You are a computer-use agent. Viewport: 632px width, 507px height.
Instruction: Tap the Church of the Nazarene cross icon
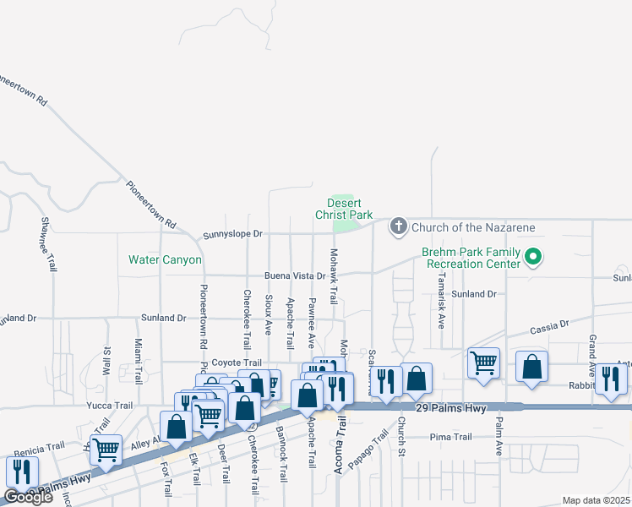pyautogui.click(x=398, y=226)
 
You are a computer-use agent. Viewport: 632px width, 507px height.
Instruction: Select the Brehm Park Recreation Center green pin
pyautogui.click(x=533, y=256)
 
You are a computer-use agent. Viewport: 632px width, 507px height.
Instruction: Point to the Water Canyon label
pyautogui.click(x=165, y=259)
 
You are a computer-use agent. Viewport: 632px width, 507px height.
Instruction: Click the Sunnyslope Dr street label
pyautogui.click(x=234, y=233)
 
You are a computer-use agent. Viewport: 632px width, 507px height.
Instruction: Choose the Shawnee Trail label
pyautogui.click(x=46, y=244)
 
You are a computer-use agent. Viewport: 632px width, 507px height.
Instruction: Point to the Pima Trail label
pyautogui.click(x=450, y=437)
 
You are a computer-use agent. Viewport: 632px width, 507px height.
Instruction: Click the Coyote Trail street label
pyautogui.click(x=237, y=362)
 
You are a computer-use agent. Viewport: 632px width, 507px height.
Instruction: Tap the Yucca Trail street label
pyautogui.click(x=108, y=406)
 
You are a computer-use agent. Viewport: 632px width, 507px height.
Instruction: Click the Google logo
pyautogui.click(x=28, y=497)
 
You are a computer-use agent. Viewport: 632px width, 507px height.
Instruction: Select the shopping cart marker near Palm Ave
pyautogui.click(x=483, y=362)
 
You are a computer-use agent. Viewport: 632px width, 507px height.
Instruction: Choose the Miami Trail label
pyautogui.click(x=139, y=358)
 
